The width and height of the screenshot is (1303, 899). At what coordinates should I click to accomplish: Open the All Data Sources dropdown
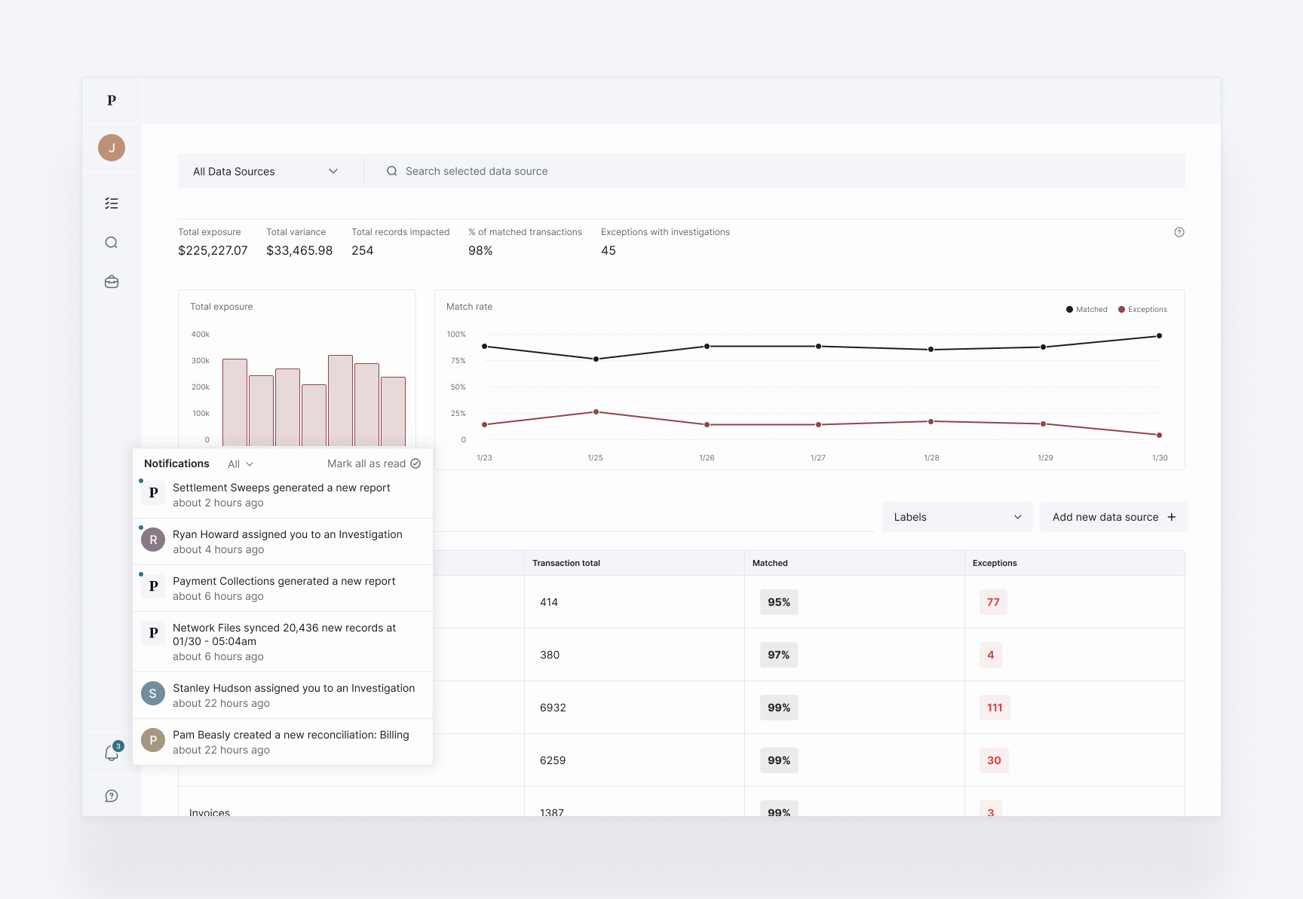[265, 172]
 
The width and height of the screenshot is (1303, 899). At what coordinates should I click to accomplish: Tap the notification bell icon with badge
[112, 753]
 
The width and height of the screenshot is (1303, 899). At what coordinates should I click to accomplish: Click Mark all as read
[373, 464]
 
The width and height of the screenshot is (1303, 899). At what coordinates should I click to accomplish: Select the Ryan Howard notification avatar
[153, 540]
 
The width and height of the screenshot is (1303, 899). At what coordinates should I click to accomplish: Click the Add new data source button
[1113, 517]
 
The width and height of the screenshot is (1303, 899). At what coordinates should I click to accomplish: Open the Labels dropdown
[957, 517]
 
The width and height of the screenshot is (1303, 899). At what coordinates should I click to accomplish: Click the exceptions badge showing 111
[994, 708]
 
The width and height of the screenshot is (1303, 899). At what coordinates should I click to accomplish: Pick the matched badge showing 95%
[778, 602]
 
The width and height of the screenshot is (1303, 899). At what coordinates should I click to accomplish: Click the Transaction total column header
[566, 563]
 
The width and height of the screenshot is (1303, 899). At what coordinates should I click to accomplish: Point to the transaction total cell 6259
[553, 760]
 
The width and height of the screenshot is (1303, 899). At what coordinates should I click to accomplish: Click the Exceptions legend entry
[1142, 310]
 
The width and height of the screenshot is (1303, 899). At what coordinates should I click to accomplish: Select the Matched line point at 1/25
[596, 359]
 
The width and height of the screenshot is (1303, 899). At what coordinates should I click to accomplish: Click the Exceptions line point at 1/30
[1159, 436]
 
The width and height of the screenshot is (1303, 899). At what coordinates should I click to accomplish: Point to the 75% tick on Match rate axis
[458, 361]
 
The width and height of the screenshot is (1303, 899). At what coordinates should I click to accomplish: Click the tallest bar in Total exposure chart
[340, 399]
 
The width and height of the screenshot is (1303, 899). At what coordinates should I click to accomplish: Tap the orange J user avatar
[112, 148]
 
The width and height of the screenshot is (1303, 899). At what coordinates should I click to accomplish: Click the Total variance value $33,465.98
[299, 251]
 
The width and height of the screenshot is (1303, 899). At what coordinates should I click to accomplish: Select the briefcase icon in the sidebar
[112, 282]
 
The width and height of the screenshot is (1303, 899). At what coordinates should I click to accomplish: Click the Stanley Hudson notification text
[293, 688]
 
